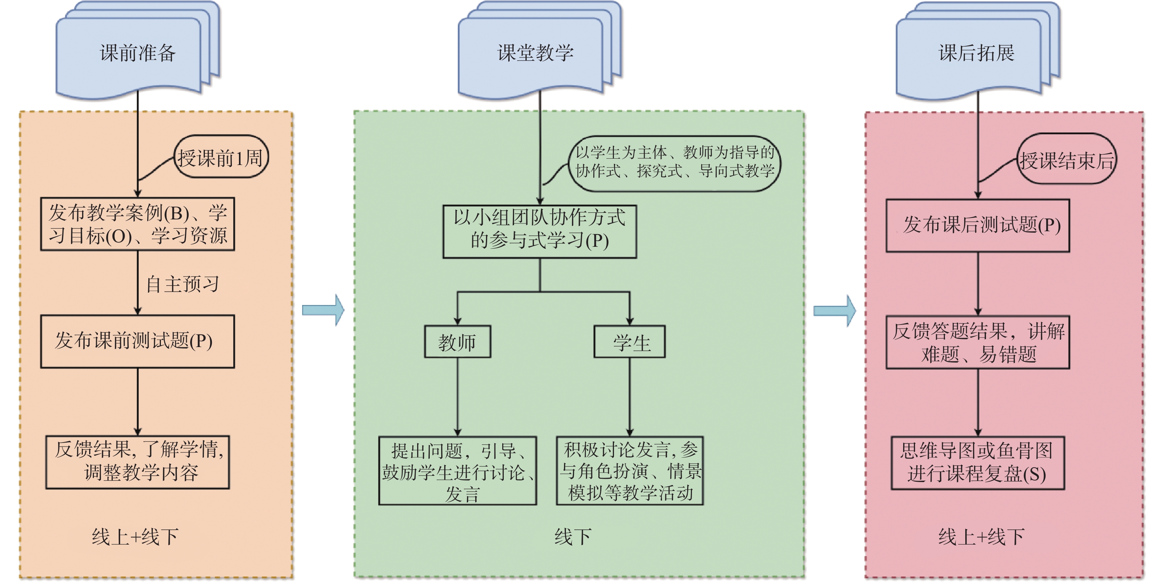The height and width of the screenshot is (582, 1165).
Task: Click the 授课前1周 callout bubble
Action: click(221, 157)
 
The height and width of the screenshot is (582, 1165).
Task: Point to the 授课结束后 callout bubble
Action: click(1066, 159)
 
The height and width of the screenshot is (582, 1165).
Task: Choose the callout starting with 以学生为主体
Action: click(674, 163)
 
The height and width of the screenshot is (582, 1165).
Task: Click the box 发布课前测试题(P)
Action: click(137, 341)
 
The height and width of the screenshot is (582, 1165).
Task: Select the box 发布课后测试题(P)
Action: click(977, 225)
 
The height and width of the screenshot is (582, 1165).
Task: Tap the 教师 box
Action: click(457, 342)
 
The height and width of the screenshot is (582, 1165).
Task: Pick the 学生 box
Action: click(629, 342)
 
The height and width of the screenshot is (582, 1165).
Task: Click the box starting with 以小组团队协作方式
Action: click(539, 231)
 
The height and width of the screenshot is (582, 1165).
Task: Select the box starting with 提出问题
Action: click(457, 470)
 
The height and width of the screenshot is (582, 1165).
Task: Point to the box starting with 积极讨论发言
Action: click(629, 470)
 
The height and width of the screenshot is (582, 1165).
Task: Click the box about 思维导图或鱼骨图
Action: click(977, 462)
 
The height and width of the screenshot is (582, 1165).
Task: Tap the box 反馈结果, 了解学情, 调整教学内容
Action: click(138, 462)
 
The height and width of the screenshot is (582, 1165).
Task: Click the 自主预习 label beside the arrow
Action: click(183, 284)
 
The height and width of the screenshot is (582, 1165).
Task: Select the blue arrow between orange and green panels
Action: click(323, 310)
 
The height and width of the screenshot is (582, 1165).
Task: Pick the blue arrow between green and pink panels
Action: click(834, 310)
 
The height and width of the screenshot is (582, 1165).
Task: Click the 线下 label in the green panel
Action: click(573, 537)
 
